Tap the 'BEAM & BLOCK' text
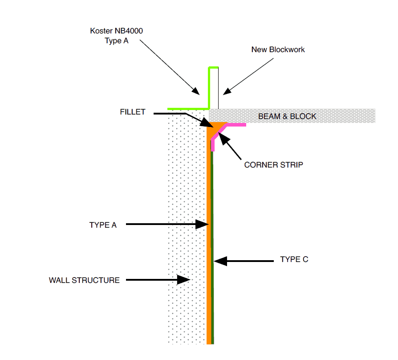tap(287, 116)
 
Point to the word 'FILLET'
tap(132, 112)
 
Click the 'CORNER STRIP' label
tap(274, 165)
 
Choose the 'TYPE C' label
tap(294, 259)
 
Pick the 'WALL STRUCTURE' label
tap(84, 280)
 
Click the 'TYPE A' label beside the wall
tap(103, 225)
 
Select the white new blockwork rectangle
tap(214, 88)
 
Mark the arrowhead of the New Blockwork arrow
tap(226, 91)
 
